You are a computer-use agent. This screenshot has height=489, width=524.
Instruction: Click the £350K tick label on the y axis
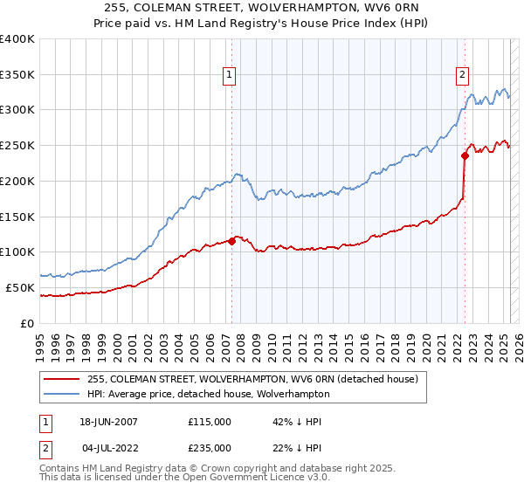tap(17, 75)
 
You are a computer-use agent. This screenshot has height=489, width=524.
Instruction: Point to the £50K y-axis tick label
tap(20, 287)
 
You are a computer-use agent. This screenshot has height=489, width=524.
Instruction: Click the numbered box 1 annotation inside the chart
tap(229, 76)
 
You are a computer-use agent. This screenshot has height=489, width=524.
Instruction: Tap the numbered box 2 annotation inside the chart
tap(461, 76)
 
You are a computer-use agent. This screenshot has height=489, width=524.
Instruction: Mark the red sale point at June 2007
tap(232, 241)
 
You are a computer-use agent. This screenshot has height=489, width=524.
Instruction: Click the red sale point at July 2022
tap(465, 156)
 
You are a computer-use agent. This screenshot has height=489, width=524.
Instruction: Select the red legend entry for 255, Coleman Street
tap(253, 379)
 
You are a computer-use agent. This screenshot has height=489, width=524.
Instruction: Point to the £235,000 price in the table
tap(210, 448)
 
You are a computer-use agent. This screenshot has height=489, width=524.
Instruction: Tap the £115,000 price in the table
tap(210, 422)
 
